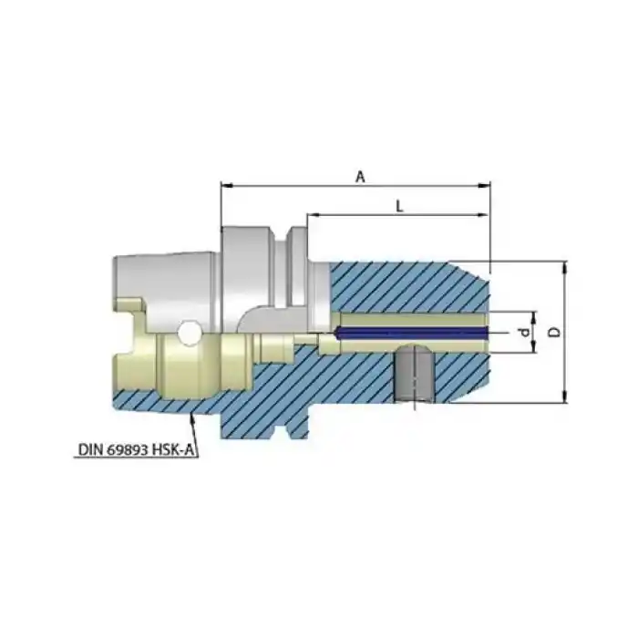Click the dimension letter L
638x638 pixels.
(x=399, y=206)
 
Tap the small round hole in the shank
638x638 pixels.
(x=190, y=334)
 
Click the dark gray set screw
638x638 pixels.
(x=413, y=374)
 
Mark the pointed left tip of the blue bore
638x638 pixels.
(x=336, y=334)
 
